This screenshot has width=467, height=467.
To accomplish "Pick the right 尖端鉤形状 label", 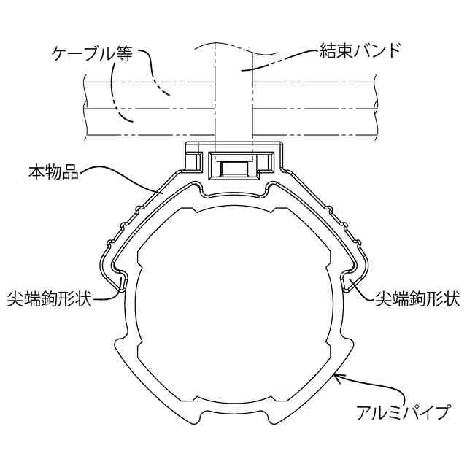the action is (x=417, y=299).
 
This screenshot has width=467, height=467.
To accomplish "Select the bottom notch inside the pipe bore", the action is (x=233, y=400).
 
